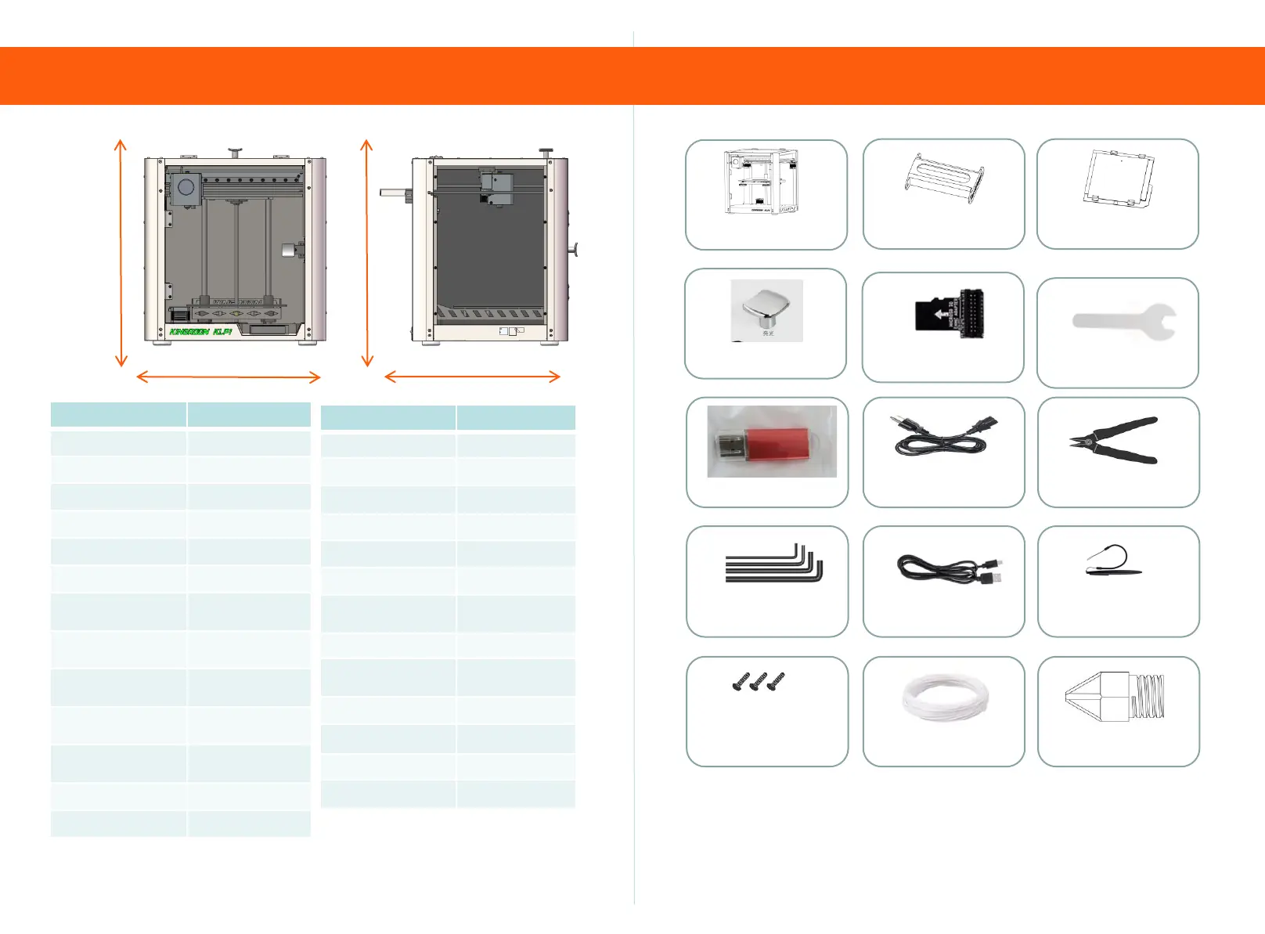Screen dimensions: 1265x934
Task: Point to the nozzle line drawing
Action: (x=1115, y=696)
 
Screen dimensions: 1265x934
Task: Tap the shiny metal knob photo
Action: (x=767, y=309)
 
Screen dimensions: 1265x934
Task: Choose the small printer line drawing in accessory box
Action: (x=761, y=183)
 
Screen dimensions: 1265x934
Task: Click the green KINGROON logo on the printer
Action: (x=200, y=332)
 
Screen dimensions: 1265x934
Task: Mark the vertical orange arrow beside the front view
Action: (x=121, y=253)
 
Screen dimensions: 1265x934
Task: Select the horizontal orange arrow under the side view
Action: (x=473, y=377)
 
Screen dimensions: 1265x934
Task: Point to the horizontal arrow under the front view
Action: (x=229, y=377)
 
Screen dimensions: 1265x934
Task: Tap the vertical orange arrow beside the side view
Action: (x=366, y=253)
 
